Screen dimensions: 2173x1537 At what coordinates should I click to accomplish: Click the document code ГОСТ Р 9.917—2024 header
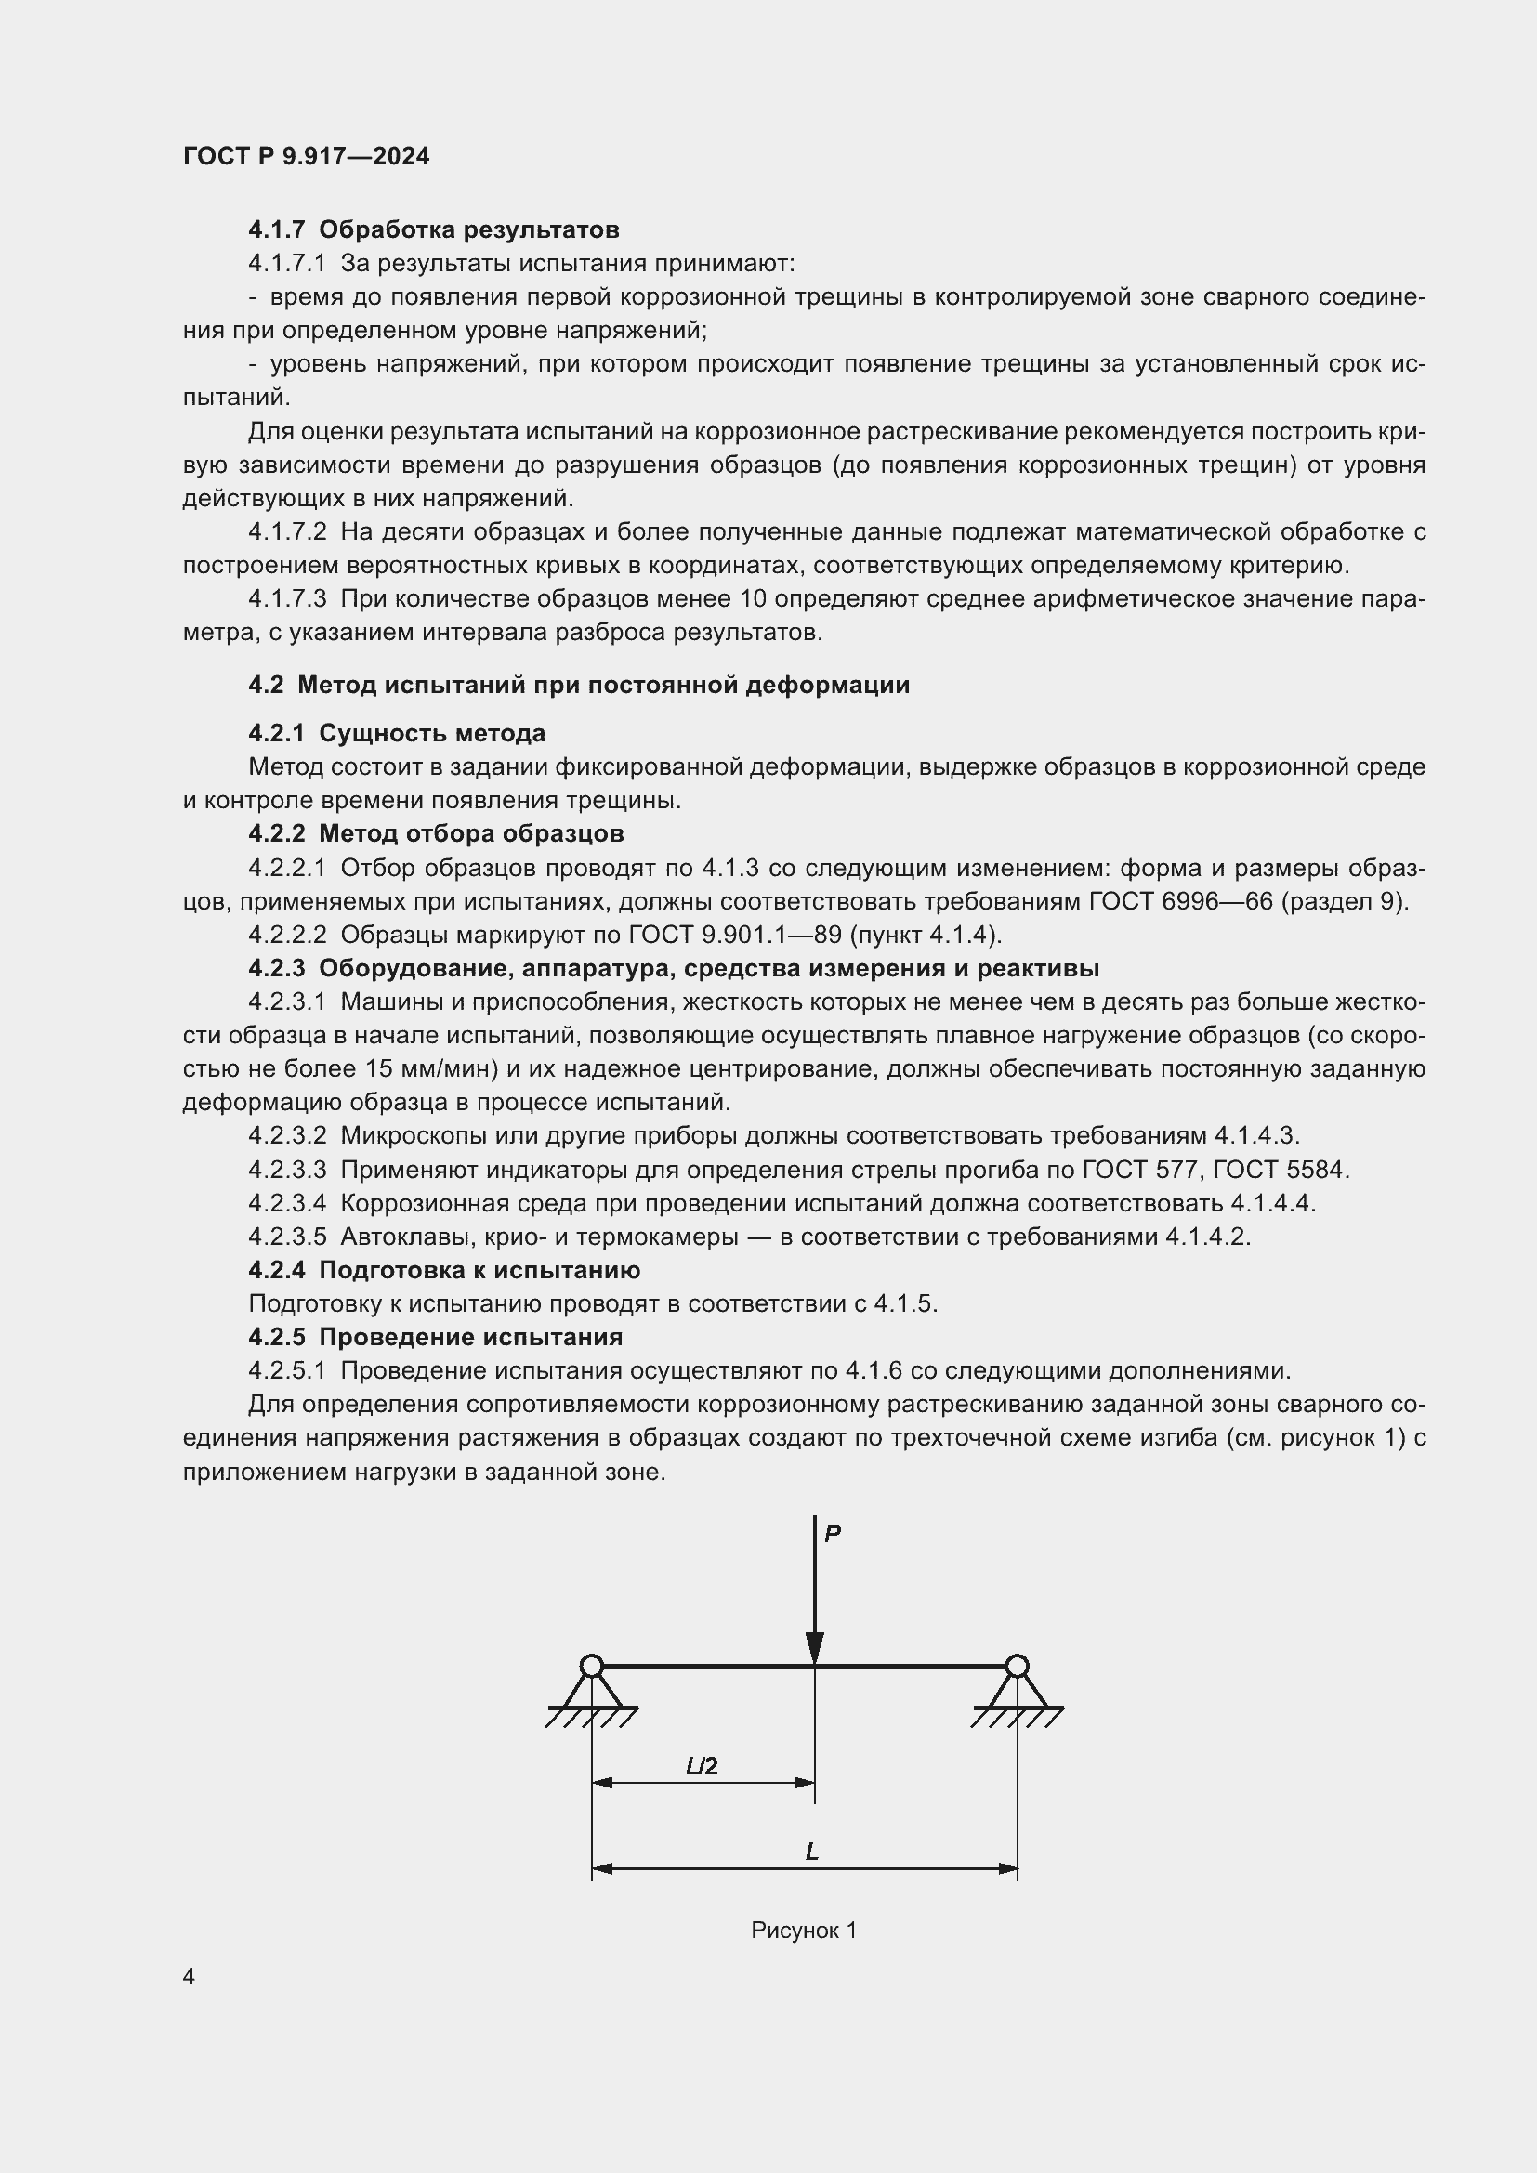[x=306, y=156]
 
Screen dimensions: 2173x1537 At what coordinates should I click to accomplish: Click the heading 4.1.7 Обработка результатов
[x=433, y=229]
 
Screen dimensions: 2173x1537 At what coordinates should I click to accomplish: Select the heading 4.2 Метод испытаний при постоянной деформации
[x=578, y=686]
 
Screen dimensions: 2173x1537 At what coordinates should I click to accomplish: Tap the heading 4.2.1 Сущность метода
[x=397, y=734]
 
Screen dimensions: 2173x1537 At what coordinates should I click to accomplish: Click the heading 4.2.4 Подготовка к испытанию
[x=444, y=1270]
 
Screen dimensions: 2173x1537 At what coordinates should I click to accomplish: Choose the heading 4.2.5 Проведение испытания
[x=435, y=1337]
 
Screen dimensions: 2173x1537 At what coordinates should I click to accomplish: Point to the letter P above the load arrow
[x=832, y=1534]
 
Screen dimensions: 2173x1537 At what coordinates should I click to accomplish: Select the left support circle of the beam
[x=592, y=1666]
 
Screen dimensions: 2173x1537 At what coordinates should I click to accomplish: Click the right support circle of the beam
[x=1017, y=1666]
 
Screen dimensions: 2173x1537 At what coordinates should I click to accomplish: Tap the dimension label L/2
[x=702, y=1765]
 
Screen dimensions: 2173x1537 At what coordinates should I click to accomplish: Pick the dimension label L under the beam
[x=812, y=1852]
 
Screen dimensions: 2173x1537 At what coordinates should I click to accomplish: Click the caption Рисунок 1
[x=804, y=1931]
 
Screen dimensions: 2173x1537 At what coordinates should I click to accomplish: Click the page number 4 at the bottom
[x=190, y=1976]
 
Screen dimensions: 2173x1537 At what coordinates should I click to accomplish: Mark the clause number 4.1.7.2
[x=287, y=532]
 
